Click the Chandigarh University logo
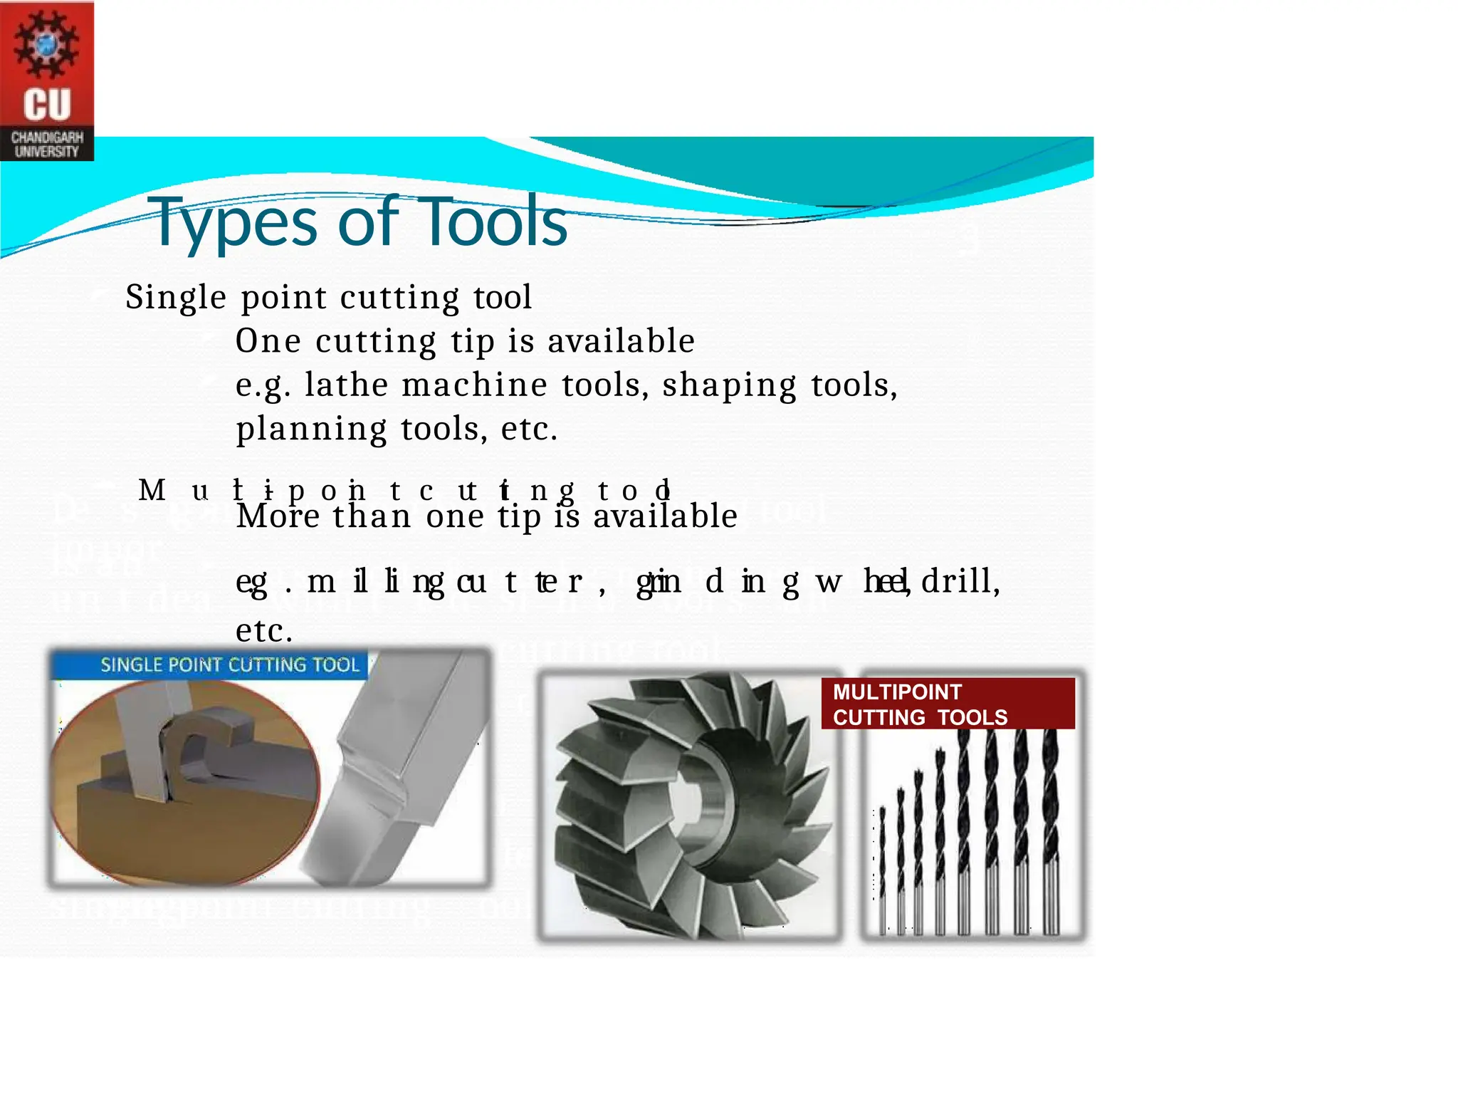click(47, 80)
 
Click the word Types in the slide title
click(231, 222)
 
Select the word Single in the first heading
click(176, 297)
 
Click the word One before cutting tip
click(268, 341)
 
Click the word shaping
click(729, 385)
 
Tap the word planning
click(311, 429)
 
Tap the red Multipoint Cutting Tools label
click(947, 704)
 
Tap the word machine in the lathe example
click(475, 385)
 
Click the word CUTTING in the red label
click(879, 717)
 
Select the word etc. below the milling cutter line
click(264, 631)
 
